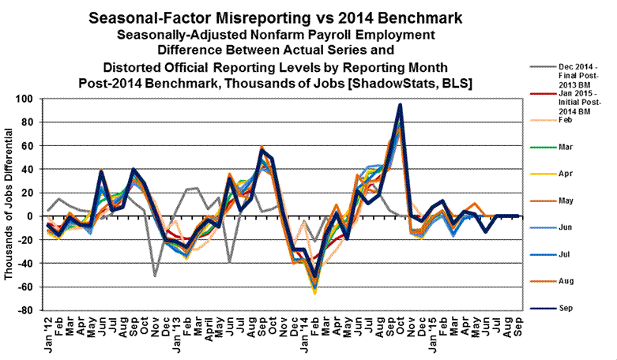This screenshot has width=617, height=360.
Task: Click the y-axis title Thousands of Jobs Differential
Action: pyautogui.click(x=9, y=204)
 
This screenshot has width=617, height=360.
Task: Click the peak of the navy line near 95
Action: pyautogui.click(x=401, y=105)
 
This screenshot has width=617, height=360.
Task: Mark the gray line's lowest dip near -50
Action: pyautogui.click(x=155, y=276)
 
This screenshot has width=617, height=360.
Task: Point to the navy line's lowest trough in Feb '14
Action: pyautogui.click(x=316, y=277)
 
